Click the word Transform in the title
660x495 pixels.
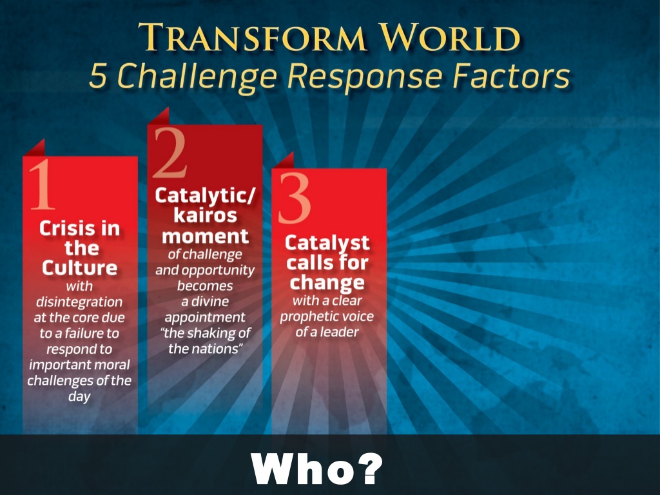pyautogui.click(x=252, y=37)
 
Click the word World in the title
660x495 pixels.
pyautogui.click(x=450, y=37)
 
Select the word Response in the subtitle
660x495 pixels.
pyautogui.click(x=365, y=77)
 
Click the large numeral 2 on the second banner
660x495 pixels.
pyautogui.click(x=170, y=152)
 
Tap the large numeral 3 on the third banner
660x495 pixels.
pyautogui.click(x=294, y=198)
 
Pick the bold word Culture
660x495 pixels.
pyautogui.click(x=79, y=268)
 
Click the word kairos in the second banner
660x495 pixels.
pyautogui.click(x=205, y=215)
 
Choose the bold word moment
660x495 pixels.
pyautogui.click(x=205, y=236)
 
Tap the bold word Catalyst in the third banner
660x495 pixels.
pyautogui.click(x=327, y=244)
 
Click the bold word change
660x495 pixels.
pyautogui.click(x=327, y=283)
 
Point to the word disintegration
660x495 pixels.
pyautogui.click(x=79, y=302)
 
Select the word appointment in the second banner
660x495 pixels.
pyautogui.click(x=205, y=318)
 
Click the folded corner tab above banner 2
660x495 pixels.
pyautogui.click(x=159, y=117)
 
